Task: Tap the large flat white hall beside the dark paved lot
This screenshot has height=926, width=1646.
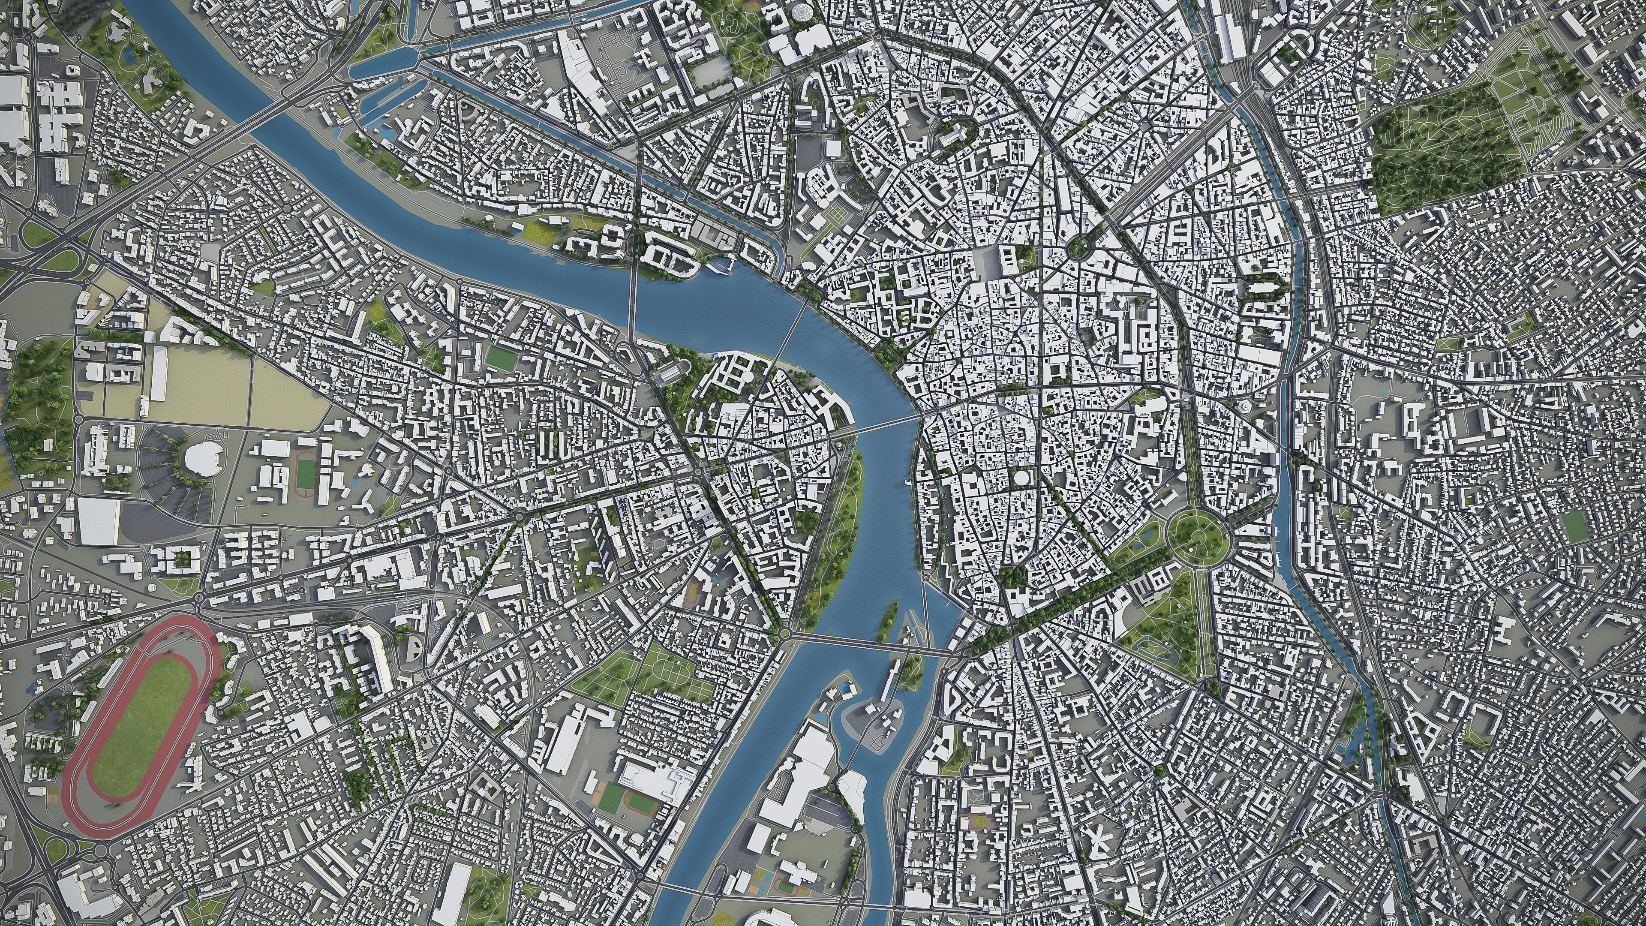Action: [x=99, y=521]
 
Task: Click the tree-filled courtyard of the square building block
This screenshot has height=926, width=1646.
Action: [x=181, y=560]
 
